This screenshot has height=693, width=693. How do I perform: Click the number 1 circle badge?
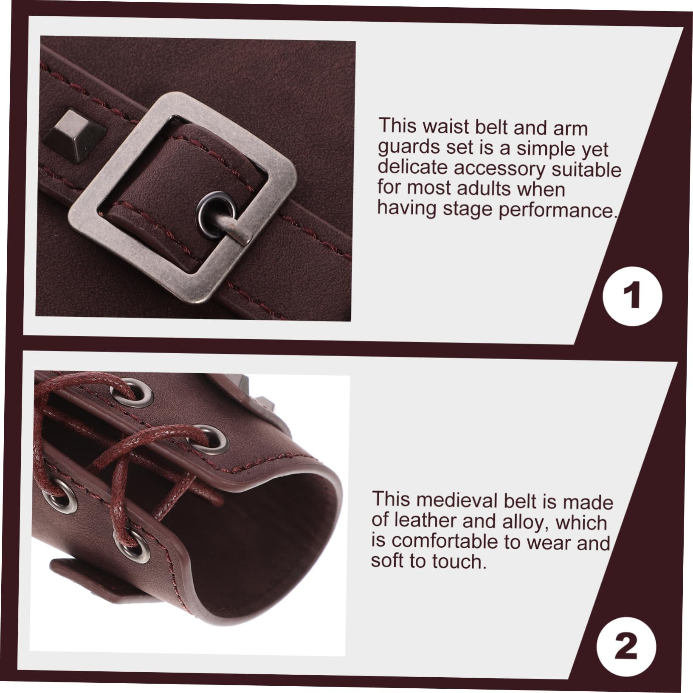[632, 296]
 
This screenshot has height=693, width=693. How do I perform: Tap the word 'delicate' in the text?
[413, 168]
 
